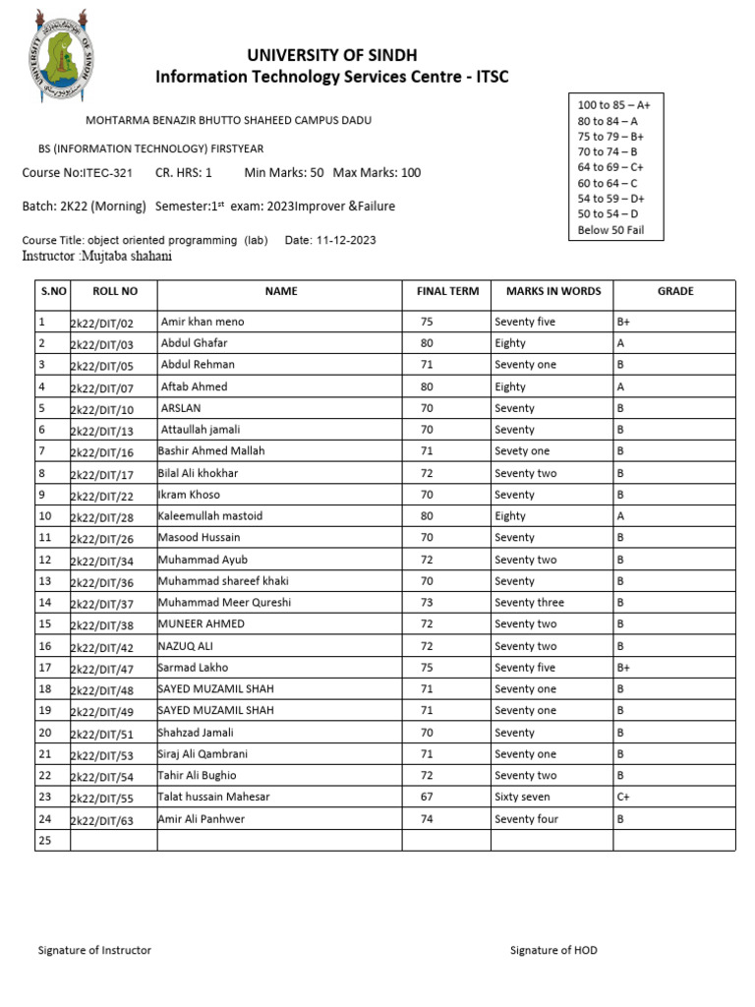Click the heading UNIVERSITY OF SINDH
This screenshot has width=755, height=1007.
[x=332, y=55]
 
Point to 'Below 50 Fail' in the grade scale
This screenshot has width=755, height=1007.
[x=610, y=230]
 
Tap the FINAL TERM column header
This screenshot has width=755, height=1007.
[x=447, y=291]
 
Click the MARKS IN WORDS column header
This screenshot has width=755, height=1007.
[x=552, y=291]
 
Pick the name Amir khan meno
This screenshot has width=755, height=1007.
[x=203, y=322]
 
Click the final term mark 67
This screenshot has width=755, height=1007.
[x=427, y=797]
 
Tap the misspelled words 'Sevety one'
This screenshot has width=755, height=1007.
[x=522, y=451]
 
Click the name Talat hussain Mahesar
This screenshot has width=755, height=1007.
[x=213, y=797]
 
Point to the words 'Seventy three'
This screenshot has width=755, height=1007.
[x=529, y=603]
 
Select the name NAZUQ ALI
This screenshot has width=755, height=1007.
[x=186, y=646]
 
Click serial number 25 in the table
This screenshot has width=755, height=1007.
[x=43, y=840]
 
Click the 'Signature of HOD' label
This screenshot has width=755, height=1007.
[x=553, y=950]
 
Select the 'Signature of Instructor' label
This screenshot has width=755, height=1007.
[x=94, y=950]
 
